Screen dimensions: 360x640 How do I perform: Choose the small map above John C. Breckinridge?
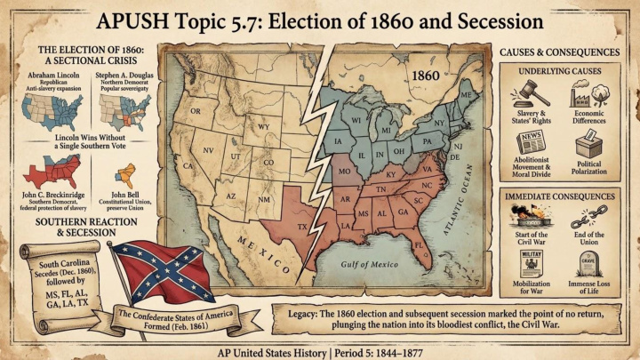pyautogui.click(x=55, y=169)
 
